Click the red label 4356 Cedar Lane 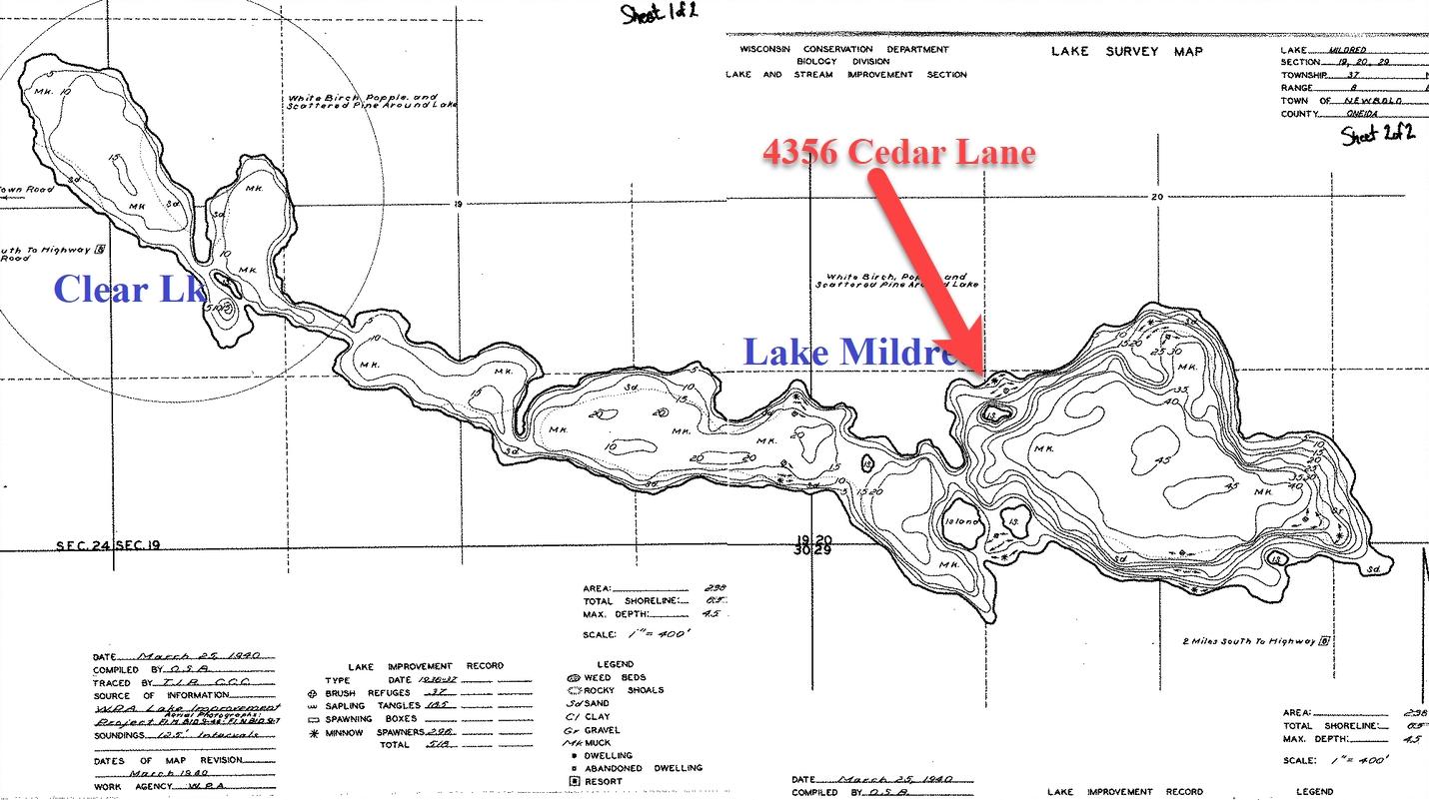click(x=898, y=153)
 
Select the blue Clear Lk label click(x=130, y=289)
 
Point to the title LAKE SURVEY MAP click(x=1126, y=51)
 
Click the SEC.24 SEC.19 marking click(x=109, y=545)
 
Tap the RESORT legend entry click(x=603, y=781)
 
